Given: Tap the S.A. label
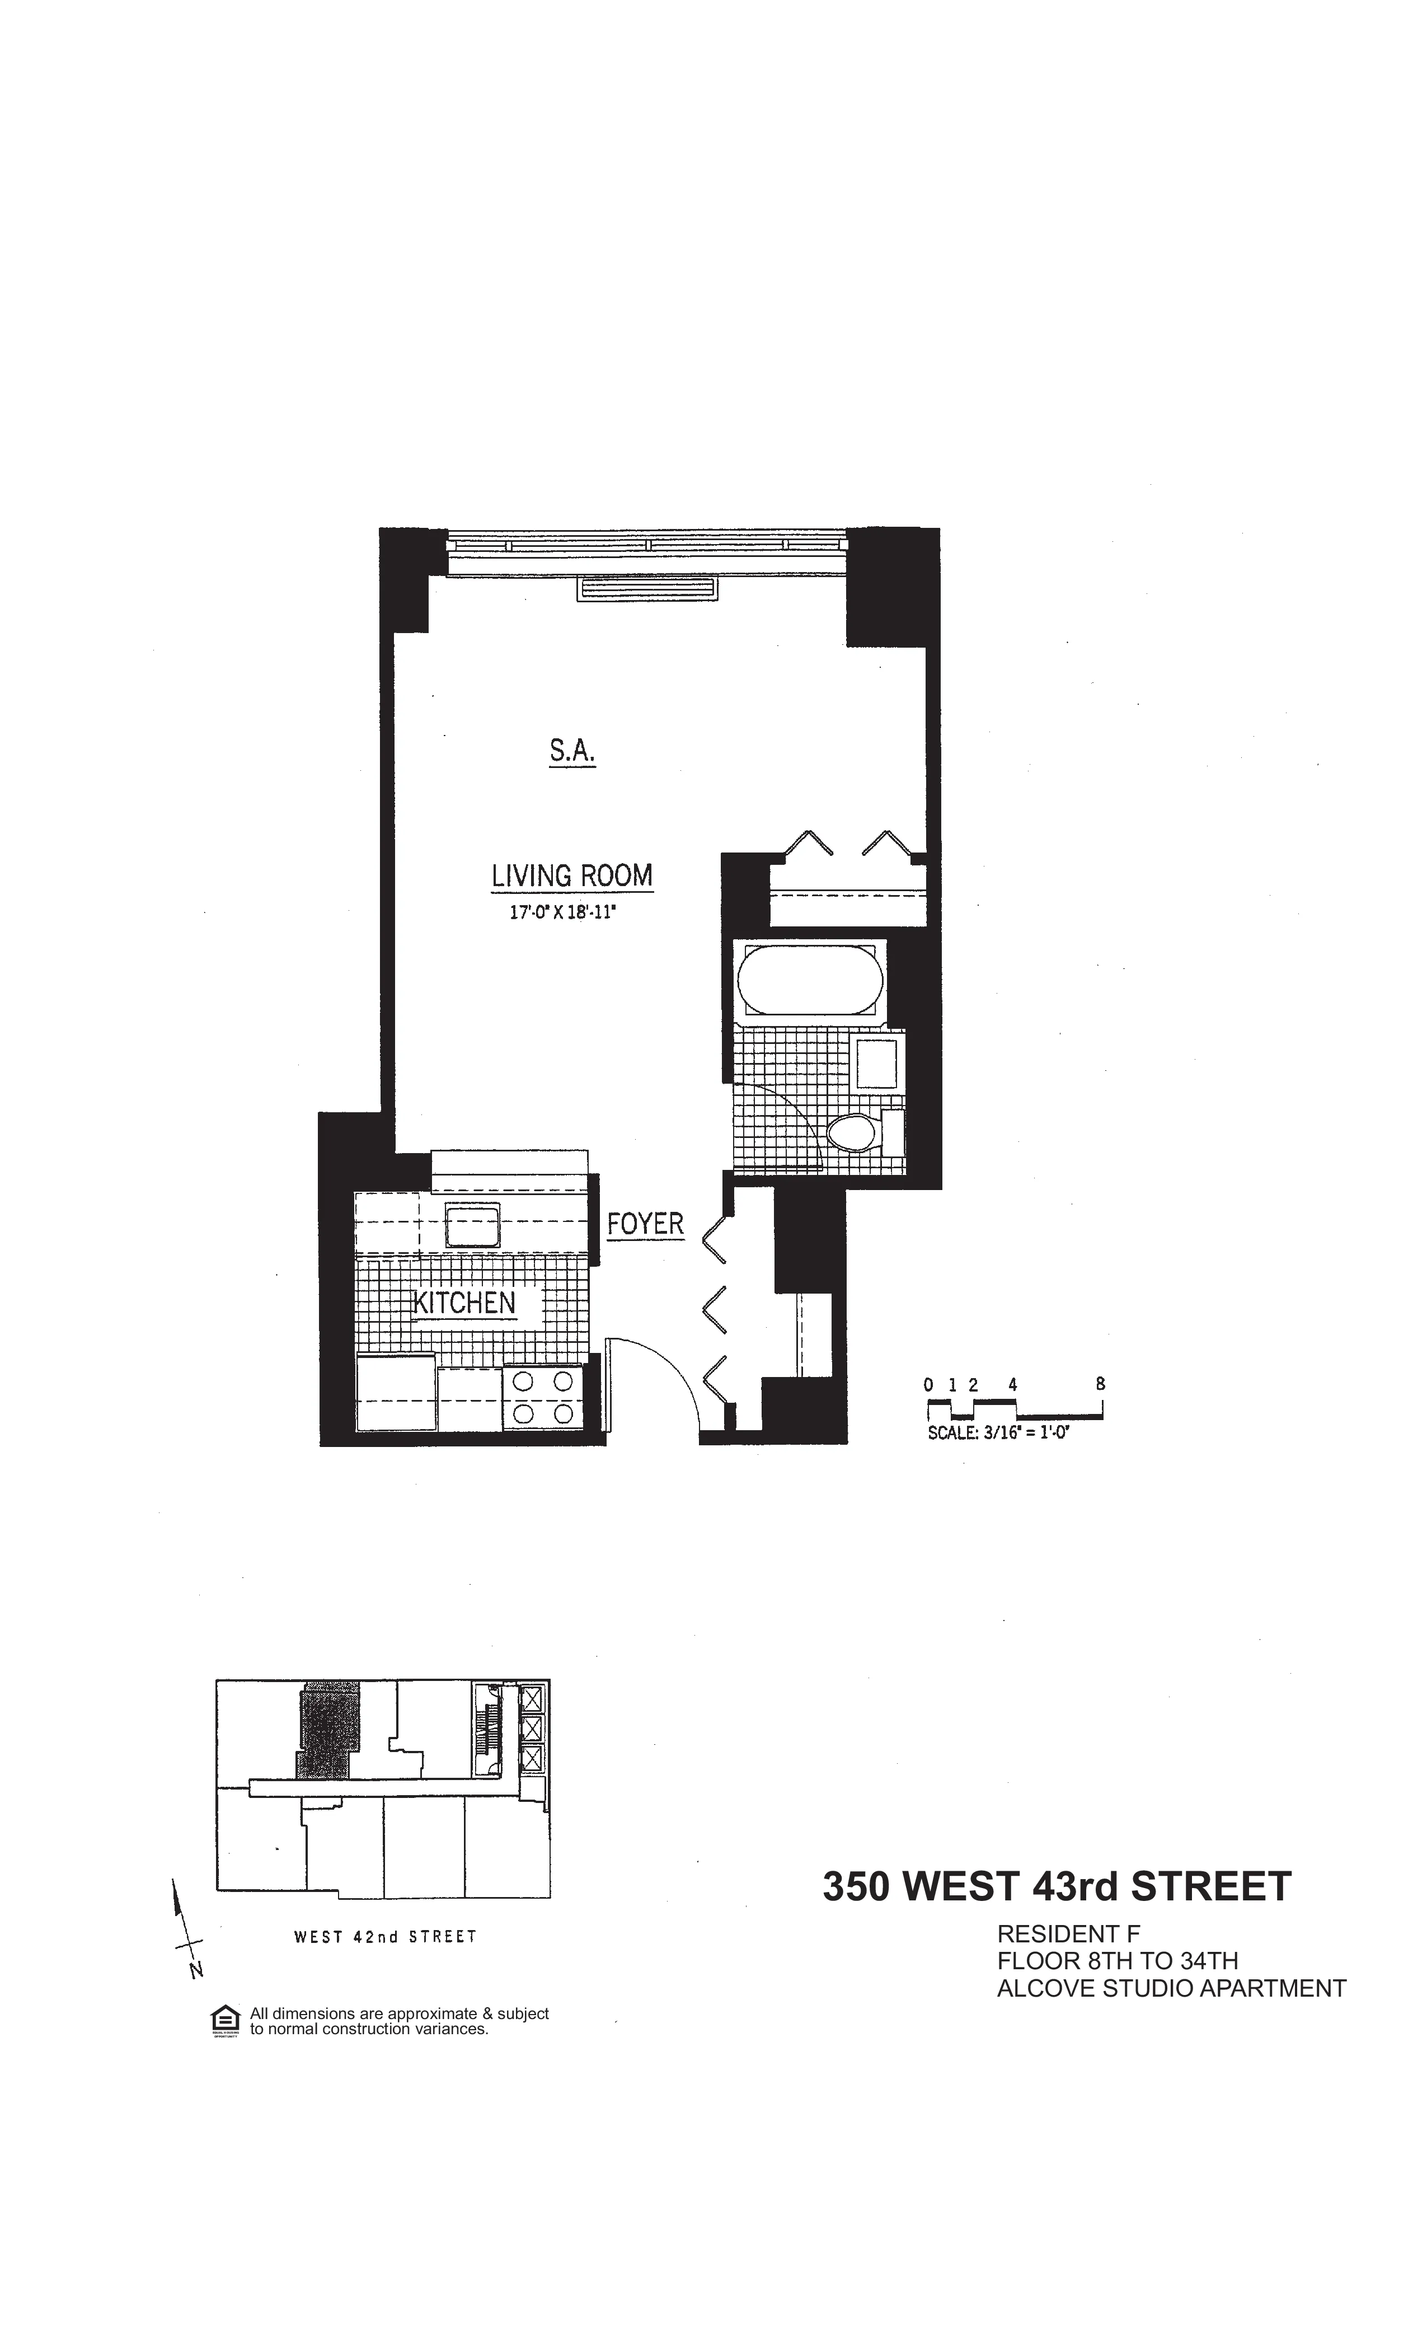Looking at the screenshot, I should click(572, 752).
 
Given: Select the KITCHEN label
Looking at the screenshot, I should click(464, 1303).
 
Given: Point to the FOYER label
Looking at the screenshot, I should click(646, 1224).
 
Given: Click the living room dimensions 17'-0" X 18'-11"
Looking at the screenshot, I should click(563, 913).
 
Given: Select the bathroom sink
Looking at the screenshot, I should click(876, 1064).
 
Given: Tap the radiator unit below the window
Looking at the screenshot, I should click(646, 589).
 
